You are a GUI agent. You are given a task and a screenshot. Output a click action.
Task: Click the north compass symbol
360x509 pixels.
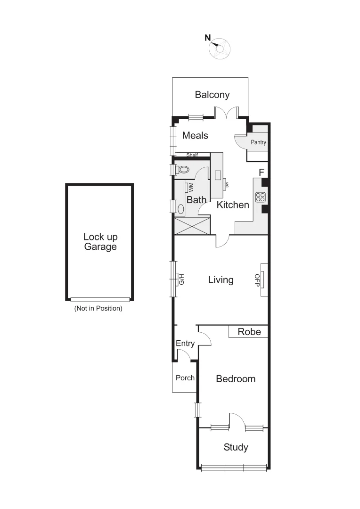(220, 49)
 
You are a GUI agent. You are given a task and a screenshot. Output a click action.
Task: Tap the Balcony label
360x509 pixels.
(212, 95)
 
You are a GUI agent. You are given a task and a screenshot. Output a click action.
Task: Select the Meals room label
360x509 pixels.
(195, 135)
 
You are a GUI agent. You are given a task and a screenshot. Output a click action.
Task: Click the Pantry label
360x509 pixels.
(258, 142)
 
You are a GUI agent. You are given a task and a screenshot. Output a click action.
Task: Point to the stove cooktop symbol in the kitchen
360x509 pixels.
(260, 197)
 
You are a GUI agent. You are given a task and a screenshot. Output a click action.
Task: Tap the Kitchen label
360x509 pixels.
(233, 205)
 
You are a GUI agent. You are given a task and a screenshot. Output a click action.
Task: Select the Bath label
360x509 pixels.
(196, 200)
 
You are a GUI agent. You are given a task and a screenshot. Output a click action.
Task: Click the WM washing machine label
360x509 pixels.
(191, 187)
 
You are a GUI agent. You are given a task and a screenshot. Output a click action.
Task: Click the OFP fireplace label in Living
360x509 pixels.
(257, 279)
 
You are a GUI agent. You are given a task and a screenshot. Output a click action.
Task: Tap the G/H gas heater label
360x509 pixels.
(180, 280)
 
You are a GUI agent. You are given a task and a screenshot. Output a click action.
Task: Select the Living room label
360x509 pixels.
(221, 280)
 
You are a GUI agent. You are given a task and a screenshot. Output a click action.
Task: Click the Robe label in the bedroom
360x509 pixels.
(249, 332)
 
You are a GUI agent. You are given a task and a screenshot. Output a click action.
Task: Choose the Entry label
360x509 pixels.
(185, 344)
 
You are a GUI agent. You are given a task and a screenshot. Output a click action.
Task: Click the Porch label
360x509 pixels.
(185, 378)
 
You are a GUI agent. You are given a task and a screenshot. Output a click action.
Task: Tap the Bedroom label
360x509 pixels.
(236, 378)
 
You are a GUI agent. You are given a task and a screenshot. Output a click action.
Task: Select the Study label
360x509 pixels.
(236, 447)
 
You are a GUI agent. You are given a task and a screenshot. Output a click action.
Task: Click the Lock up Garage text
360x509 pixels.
(100, 241)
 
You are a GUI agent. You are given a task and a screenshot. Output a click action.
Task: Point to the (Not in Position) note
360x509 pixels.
(98, 309)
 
